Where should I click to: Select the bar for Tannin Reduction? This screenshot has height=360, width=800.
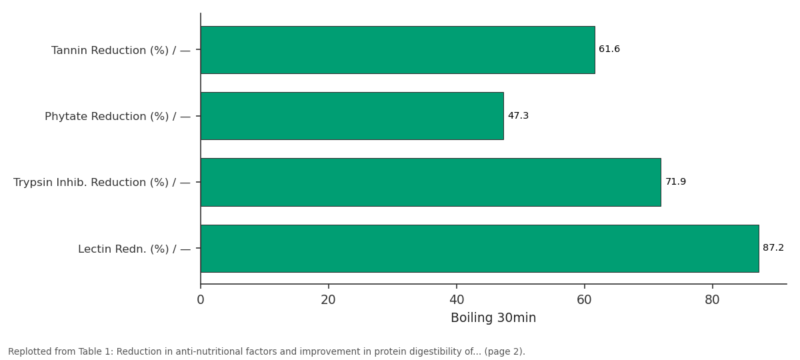click(398, 50)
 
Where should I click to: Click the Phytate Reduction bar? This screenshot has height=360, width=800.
click(352, 116)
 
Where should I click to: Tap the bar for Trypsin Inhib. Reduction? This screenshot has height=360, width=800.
click(431, 182)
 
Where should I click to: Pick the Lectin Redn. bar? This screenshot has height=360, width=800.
click(479, 249)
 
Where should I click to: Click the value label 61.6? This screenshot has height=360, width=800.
click(609, 49)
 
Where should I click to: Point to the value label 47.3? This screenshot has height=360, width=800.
click(518, 116)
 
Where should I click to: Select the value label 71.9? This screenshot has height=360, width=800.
click(676, 182)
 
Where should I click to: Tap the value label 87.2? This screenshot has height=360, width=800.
click(773, 248)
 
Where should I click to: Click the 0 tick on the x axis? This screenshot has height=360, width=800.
click(201, 300)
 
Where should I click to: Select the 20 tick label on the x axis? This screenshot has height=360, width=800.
click(328, 300)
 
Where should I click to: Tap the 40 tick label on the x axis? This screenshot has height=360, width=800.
click(457, 300)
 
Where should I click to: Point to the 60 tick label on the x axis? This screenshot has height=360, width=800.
click(584, 300)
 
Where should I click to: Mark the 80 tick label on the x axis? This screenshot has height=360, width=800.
click(712, 300)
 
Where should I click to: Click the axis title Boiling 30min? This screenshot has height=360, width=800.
click(493, 318)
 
